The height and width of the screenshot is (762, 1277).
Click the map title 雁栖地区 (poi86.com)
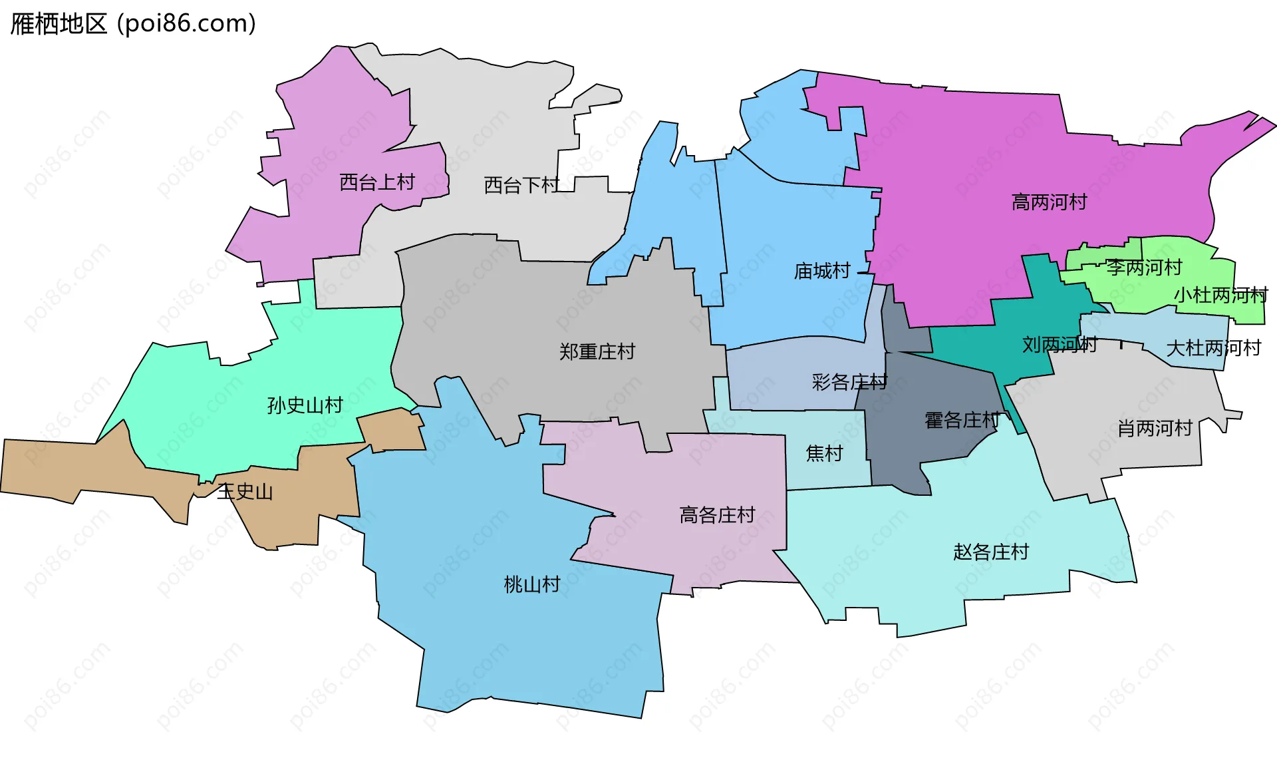(x=133, y=24)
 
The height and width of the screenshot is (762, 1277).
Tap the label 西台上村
(x=377, y=182)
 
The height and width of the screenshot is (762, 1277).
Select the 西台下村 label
(x=521, y=185)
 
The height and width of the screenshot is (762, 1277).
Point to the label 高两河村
(x=1049, y=202)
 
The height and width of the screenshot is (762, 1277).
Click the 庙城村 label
(x=822, y=271)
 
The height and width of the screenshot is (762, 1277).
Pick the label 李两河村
(x=1144, y=268)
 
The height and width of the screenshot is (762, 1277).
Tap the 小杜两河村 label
(x=1221, y=295)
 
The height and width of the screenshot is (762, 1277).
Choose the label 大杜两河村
(x=1214, y=348)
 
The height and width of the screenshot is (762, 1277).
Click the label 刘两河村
(x=1060, y=345)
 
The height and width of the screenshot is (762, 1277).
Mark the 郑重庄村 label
(x=597, y=351)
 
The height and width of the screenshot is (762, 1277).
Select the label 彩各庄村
(x=849, y=382)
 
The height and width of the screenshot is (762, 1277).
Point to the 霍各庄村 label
(x=962, y=421)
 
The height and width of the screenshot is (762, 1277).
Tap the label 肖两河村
(x=1155, y=428)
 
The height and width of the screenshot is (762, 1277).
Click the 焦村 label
(x=825, y=453)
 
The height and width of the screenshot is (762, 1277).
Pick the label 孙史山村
(x=305, y=405)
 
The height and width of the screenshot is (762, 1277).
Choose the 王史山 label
(x=245, y=492)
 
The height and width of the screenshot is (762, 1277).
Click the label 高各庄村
(x=717, y=514)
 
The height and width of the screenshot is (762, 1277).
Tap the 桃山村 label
(x=532, y=584)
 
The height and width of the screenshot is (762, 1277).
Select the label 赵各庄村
(x=991, y=552)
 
